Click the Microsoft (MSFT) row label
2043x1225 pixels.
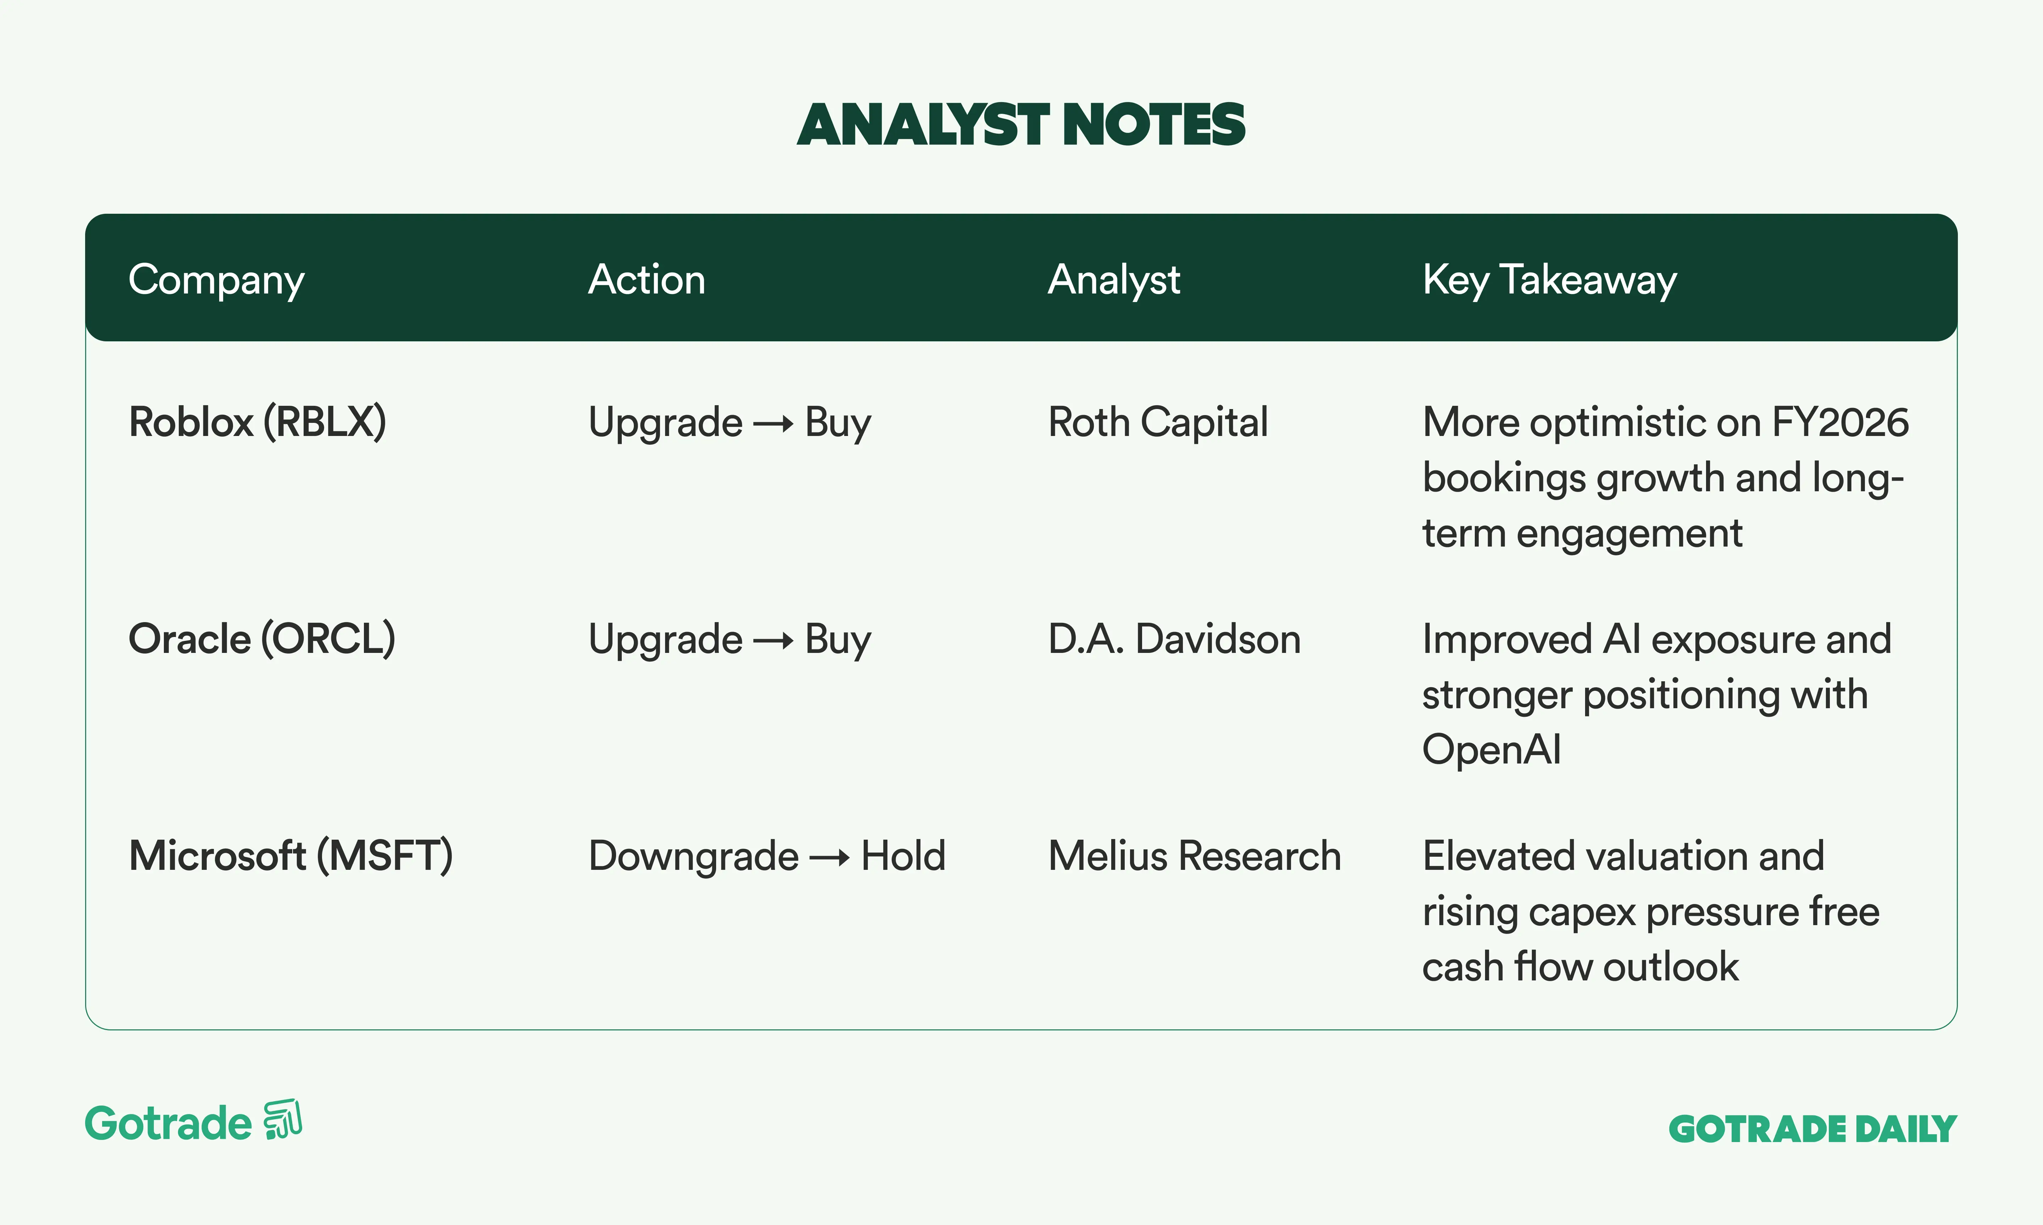[291, 856]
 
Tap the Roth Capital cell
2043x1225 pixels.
[1158, 423]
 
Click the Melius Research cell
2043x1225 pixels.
[1194, 856]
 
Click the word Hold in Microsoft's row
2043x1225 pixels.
[903, 856]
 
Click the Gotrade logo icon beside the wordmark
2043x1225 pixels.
[282, 1120]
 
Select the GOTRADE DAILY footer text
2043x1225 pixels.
[1812, 1129]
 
